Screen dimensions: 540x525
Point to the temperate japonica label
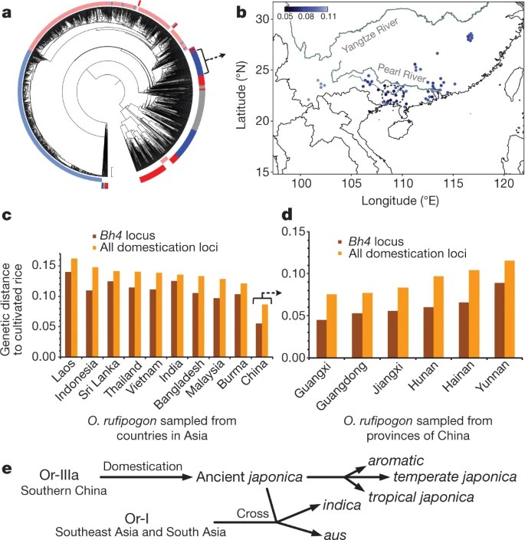(x=455, y=476)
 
